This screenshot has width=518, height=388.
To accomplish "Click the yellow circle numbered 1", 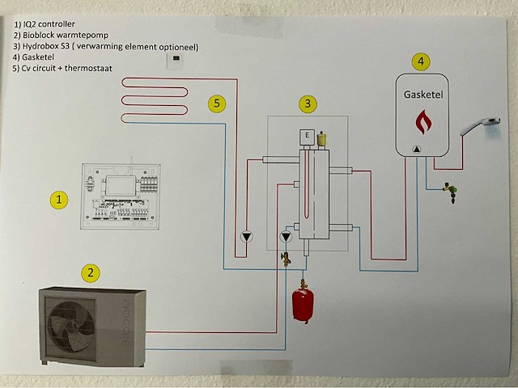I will (57, 200).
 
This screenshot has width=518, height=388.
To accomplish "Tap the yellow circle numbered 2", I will (92, 273).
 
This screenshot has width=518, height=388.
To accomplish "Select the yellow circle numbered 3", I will (308, 103).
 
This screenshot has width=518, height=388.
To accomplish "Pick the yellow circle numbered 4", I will (418, 61).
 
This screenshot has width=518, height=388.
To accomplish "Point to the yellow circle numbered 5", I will (216, 103).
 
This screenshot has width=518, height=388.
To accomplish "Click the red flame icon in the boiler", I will (423, 122).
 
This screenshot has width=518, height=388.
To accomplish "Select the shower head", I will (480, 125).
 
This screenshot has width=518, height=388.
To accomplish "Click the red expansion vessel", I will (303, 304).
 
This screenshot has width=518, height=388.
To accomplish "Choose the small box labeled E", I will (307, 135).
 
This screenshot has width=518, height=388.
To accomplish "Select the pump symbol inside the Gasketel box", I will (416, 149).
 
